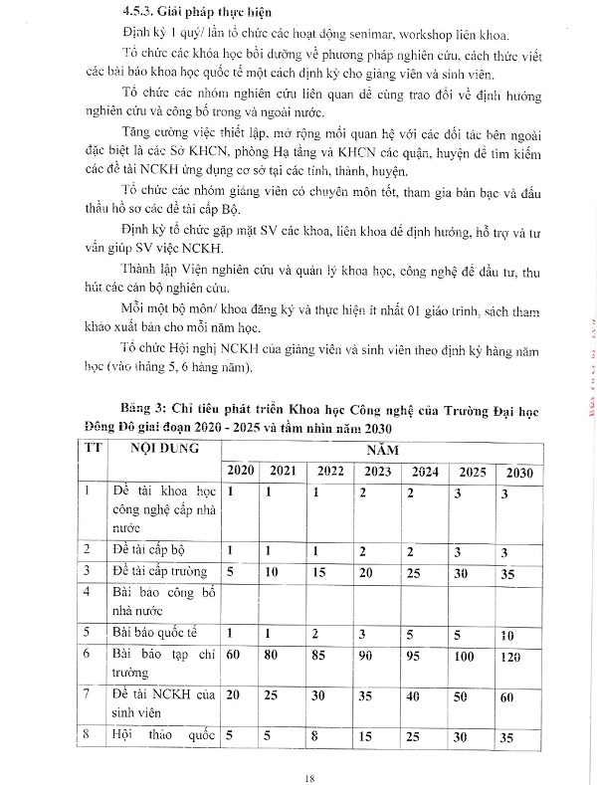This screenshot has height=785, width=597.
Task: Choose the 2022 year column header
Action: click(329, 469)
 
